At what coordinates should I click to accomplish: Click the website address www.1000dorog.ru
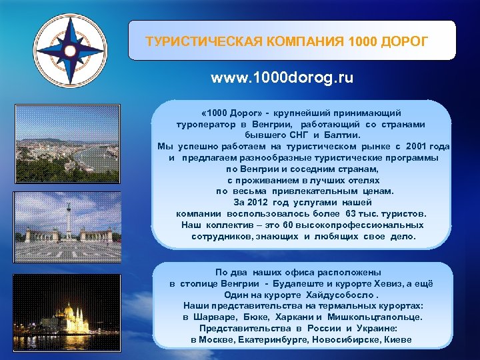pyautogui.click(x=282, y=78)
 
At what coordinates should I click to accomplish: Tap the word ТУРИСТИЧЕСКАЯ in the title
pyautogui.click(x=199, y=41)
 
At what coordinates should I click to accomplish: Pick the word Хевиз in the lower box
pyautogui.click(x=383, y=283)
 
